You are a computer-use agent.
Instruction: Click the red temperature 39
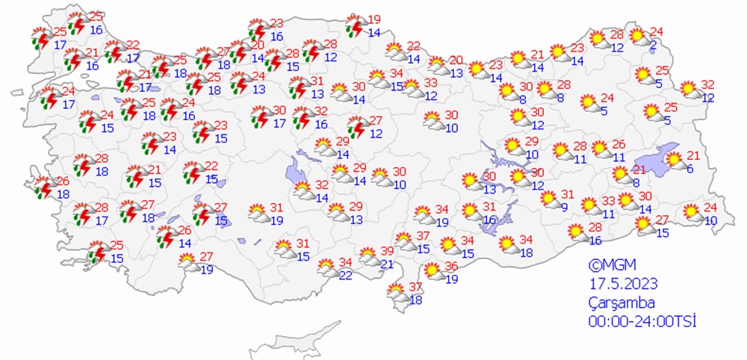pyautogui.click(x=387, y=250)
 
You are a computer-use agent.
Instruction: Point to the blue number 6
pyautogui.click(x=690, y=170)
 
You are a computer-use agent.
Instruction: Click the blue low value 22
pyautogui.click(x=345, y=276)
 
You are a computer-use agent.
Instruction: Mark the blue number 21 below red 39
pyautogui.click(x=387, y=264)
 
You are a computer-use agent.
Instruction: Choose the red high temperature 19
pyautogui.click(x=374, y=19)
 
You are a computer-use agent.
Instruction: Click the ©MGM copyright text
pyautogui.click(x=606, y=264)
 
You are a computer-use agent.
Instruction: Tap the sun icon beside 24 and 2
pyautogui.click(x=637, y=36)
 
